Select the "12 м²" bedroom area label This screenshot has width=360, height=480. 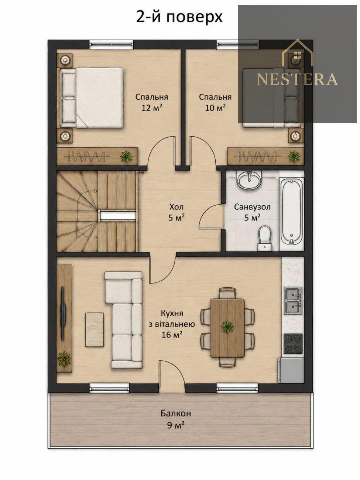(x=152, y=108)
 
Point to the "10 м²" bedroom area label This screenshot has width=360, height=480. (x=215, y=108)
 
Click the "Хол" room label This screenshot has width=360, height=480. (x=176, y=206)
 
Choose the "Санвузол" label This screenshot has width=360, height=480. (x=252, y=207)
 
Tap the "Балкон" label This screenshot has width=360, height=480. (x=176, y=414)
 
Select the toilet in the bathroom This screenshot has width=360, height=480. (x=264, y=238)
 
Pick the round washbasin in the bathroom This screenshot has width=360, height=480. (x=249, y=180)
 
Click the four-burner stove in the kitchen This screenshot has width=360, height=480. (x=293, y=343)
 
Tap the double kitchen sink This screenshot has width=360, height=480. (x=293, y=301)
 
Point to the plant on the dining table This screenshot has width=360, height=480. (x=227, y=328)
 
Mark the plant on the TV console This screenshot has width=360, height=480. (x=64, y=359)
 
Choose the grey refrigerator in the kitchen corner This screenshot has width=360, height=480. (x=291, y=370)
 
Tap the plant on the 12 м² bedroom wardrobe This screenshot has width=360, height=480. (x=126, y=156)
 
